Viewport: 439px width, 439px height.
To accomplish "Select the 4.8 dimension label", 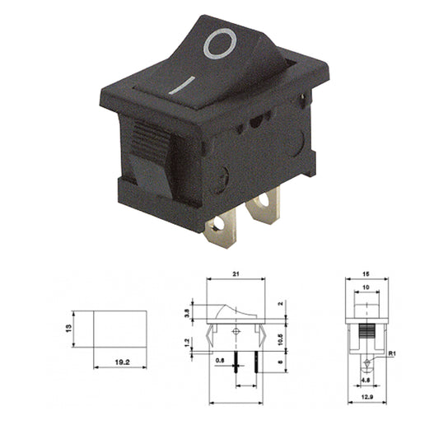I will pos(364,381).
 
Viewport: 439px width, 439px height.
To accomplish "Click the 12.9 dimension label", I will pos(365,399).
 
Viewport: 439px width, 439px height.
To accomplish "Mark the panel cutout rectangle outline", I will pos(116,327).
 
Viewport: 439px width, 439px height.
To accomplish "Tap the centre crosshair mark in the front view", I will pos(237,331).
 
